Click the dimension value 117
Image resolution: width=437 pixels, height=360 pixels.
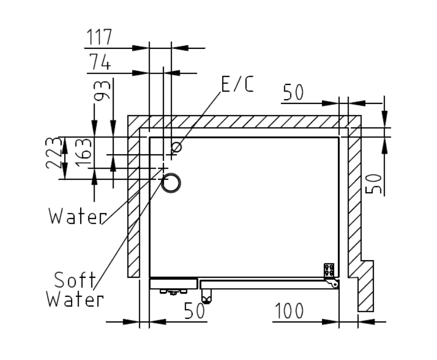tap(99, 37)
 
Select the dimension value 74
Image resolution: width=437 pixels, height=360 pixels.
tap(100, 62)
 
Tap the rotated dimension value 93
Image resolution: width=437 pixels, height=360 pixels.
tap(102, 91)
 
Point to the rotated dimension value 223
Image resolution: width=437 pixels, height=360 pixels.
tap(53, 153)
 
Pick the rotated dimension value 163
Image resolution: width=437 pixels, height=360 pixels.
tap(84, 152)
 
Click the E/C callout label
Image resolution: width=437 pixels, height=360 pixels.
tap(238, 84)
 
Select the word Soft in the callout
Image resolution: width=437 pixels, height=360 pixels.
tap(75, 280)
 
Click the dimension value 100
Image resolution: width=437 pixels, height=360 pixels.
tap(289, 311)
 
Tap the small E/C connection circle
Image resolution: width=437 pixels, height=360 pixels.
tap(177, 147)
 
